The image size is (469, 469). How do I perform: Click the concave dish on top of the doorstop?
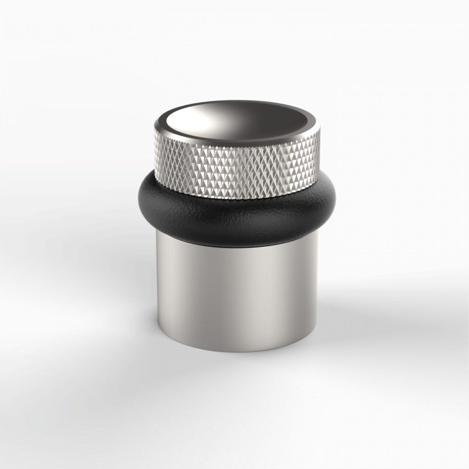[x=237, y=120]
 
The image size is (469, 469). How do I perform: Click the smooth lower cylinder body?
[x=237, y=293]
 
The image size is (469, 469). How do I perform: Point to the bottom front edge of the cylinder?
[x=237, y=350]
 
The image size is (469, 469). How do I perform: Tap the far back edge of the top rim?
[x=237, y=103]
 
